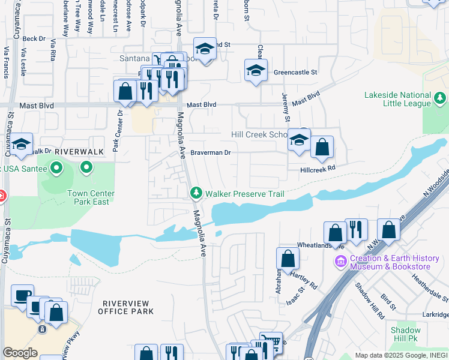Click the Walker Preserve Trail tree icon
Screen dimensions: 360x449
tap(195, 193)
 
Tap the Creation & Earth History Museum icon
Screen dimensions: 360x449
tap(341, 262)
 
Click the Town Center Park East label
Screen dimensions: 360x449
tap(91, 197)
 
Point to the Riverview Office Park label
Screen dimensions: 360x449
tap(128, 307)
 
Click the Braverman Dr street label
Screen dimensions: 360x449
tap(211, 152)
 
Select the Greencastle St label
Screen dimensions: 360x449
tap(295, 72)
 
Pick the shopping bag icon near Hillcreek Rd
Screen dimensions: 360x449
tap(322, 147)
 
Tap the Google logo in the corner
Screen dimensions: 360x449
tap(20, 353)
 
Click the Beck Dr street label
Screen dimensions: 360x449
tap(34, 38)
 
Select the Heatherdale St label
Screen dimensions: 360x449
tap(429, 288)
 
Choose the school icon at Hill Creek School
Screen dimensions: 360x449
tap(299, 140)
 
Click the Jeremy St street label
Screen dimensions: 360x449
tap(286, 100)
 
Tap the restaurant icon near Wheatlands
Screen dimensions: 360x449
tap(357, 229)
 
